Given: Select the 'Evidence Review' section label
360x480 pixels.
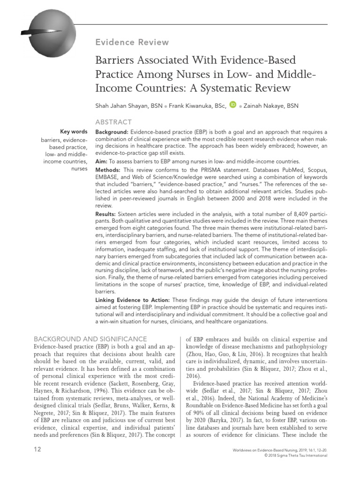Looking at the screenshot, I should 132,42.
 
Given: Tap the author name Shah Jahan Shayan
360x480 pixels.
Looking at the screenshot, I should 122,105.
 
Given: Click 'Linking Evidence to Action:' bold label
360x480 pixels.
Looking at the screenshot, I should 133,300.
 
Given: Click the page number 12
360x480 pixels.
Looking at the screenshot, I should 37,450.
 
